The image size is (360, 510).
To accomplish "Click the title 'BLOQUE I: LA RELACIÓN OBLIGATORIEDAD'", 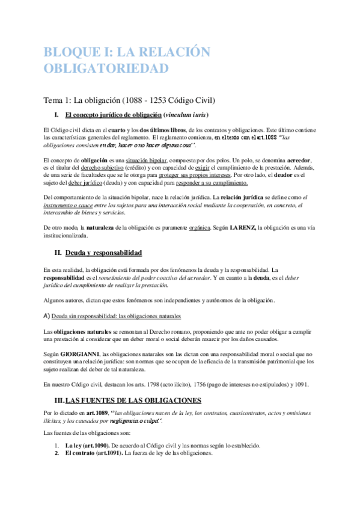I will tap(127, 60).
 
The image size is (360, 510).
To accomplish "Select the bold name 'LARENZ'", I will tap(242, 229).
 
